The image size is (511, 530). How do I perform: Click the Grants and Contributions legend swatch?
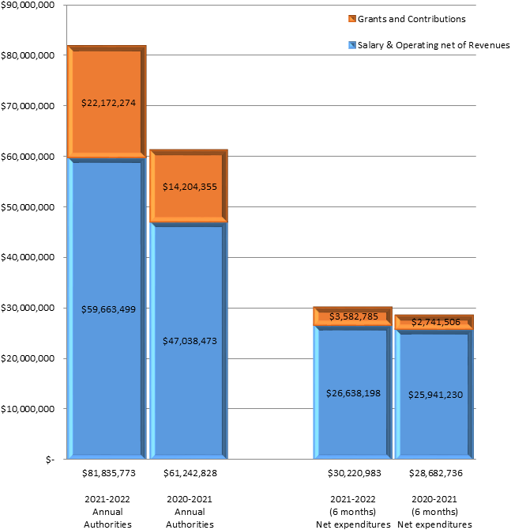point(351,18)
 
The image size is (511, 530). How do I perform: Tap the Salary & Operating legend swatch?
point(351,45)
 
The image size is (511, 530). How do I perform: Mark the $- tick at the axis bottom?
point(49,459)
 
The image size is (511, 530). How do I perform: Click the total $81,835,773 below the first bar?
point(107,473)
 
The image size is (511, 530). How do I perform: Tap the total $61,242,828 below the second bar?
point(189,473)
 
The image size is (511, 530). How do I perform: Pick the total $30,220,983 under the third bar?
point(353,473)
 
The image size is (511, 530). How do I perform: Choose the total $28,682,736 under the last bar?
point(434,473)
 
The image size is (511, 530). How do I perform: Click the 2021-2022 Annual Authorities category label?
point(107,512)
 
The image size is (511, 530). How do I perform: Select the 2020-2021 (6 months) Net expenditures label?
point(434,512)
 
